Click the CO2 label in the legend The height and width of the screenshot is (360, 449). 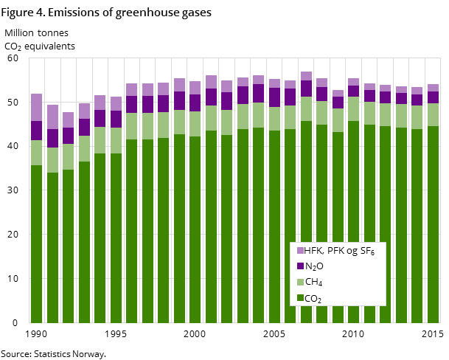pyautogui.click(x=313, y=299)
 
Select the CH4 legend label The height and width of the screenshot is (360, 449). pyautogui.click(x=313, y=283)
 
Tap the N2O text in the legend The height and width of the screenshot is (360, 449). pyautogui.click(x=314, y=266)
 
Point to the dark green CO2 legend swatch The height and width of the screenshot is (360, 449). pyautogui.click(x=300, y=299)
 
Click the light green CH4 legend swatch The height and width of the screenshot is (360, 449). pyautogui.click(x=300, y=283)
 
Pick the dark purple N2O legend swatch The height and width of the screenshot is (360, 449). pyautogui.click(x=300, y=266)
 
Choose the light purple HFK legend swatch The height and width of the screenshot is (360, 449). pyautogui.click(x=300, y=251)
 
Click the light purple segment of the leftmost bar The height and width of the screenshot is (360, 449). pyautogui.click(x=36, y=107)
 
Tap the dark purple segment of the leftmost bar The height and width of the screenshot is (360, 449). pyautogui.click(x=36, y=131)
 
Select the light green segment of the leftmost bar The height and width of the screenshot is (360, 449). pyautogui.click(x=36, y=153)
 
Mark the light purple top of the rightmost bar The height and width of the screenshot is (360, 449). pyautogui.click(x=433, y=88)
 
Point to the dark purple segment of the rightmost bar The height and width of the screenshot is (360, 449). pyautogui.click(x=433, y=97)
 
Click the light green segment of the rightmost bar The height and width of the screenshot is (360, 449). pyautogui.click(x=433, y=114)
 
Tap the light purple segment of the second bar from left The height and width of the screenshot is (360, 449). pyautogui.click(x=52, y=117)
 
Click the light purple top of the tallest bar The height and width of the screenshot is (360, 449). pyautogui.click(x=306, y=76)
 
